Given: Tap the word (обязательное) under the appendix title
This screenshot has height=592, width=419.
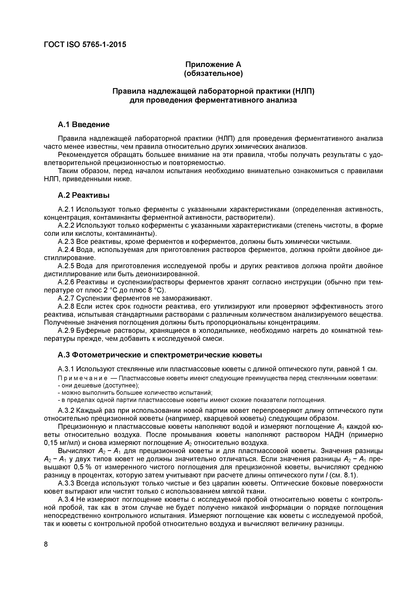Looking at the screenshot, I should (x=213, y=74).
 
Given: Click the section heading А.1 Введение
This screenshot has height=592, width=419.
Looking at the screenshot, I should (x=84, y=125).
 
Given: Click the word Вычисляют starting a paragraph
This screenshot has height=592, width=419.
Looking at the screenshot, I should (x=77, y=451).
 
